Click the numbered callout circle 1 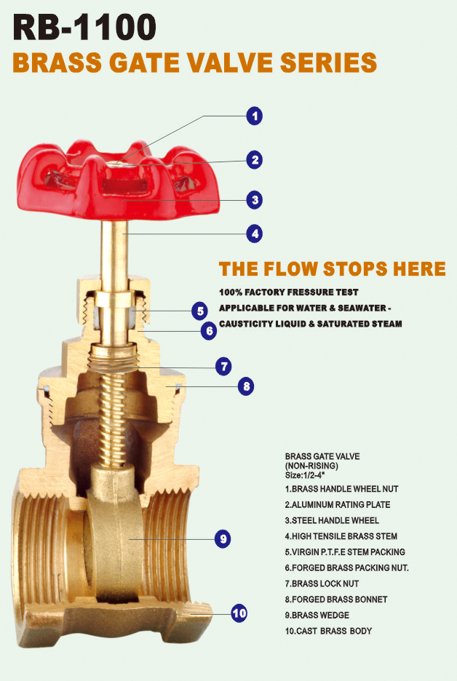coord(254,116)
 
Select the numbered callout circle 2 coord(254,160)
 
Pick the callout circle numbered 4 coord(254,234)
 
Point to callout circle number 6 coord(209,330)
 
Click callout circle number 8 coord(247,386)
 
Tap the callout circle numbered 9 coord(223,539)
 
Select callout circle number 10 coord(239,613)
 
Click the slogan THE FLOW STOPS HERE coord(332,268)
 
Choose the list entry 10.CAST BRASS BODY coord(328,631)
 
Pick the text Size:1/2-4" coord(305,474)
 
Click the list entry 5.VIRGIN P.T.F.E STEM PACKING coord(345,552)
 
